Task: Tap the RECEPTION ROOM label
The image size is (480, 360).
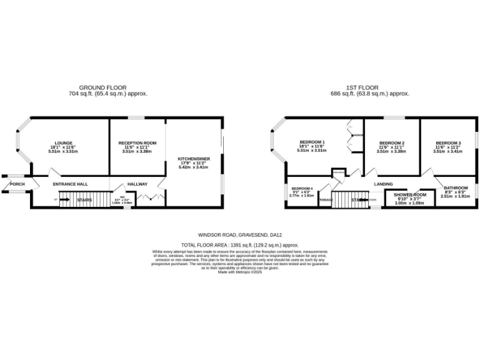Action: pos(137,143)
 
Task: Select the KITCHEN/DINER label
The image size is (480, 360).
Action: pos(194,159)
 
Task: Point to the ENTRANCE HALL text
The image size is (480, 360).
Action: pos(70,184)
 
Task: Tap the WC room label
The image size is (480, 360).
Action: pos(122,197)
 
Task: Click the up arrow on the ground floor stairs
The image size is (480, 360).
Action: pos(57,200)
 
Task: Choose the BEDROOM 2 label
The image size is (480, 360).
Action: pos(391,143)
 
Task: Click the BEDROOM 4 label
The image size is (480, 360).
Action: pos(301,188)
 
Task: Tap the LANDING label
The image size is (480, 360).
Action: pos(383,184)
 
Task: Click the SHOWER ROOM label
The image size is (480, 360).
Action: pos(410,195)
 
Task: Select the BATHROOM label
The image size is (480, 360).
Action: pos(456,188)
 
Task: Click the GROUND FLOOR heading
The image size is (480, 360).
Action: pos(102,87)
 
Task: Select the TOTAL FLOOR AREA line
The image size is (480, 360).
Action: pos(239,246)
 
